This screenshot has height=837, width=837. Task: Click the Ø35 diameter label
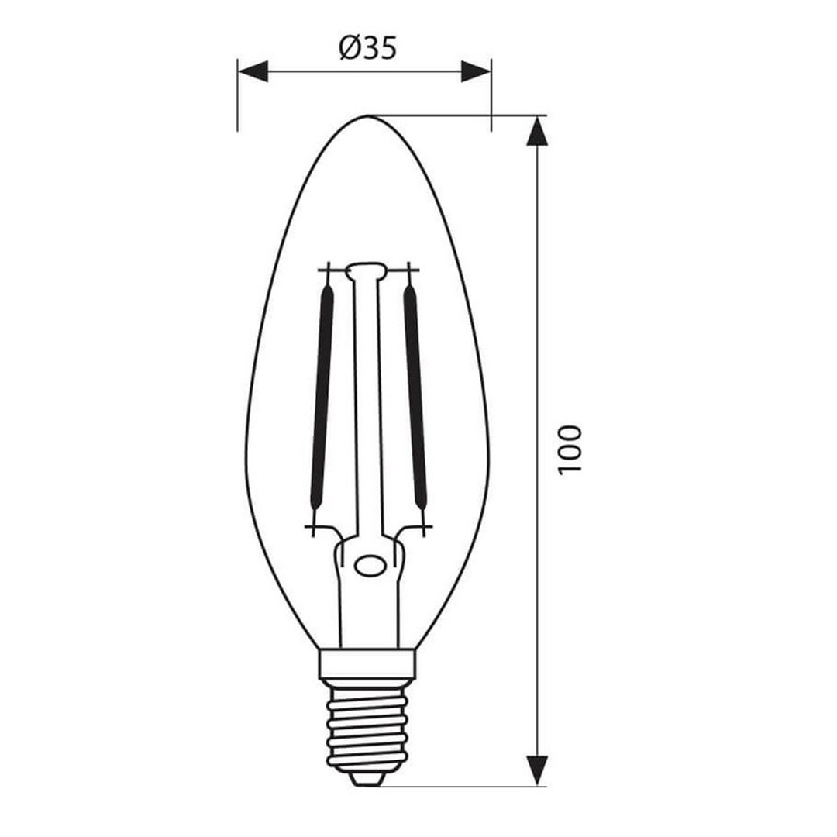click(x=368, y=49)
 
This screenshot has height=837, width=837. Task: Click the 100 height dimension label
click(x=568, y=449)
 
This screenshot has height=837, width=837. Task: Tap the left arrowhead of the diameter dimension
click(x=253, y=71)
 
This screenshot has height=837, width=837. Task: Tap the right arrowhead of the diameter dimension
click(x=476, y=71)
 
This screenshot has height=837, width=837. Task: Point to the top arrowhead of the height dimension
click(x=537, y=131)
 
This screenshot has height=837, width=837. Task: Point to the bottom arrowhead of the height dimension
click(x=537, y=770)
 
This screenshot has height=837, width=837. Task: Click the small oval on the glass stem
click(x=370, y=565)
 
